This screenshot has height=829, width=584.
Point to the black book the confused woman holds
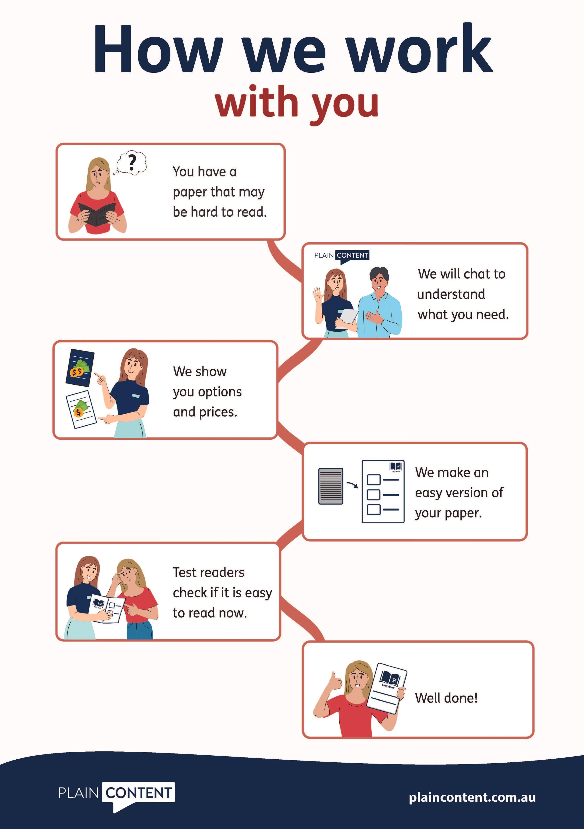pos(97,214)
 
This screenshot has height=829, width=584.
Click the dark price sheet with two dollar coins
pos(80,367)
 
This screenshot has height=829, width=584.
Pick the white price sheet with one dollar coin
pos(81,409)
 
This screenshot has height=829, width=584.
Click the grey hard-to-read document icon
pos(331,486)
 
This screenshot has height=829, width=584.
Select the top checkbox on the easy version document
pos(374,480)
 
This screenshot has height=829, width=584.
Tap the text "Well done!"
pos(446,698)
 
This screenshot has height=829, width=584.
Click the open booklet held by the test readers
pos(107,608)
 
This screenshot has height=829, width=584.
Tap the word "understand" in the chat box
pos(451,294)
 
